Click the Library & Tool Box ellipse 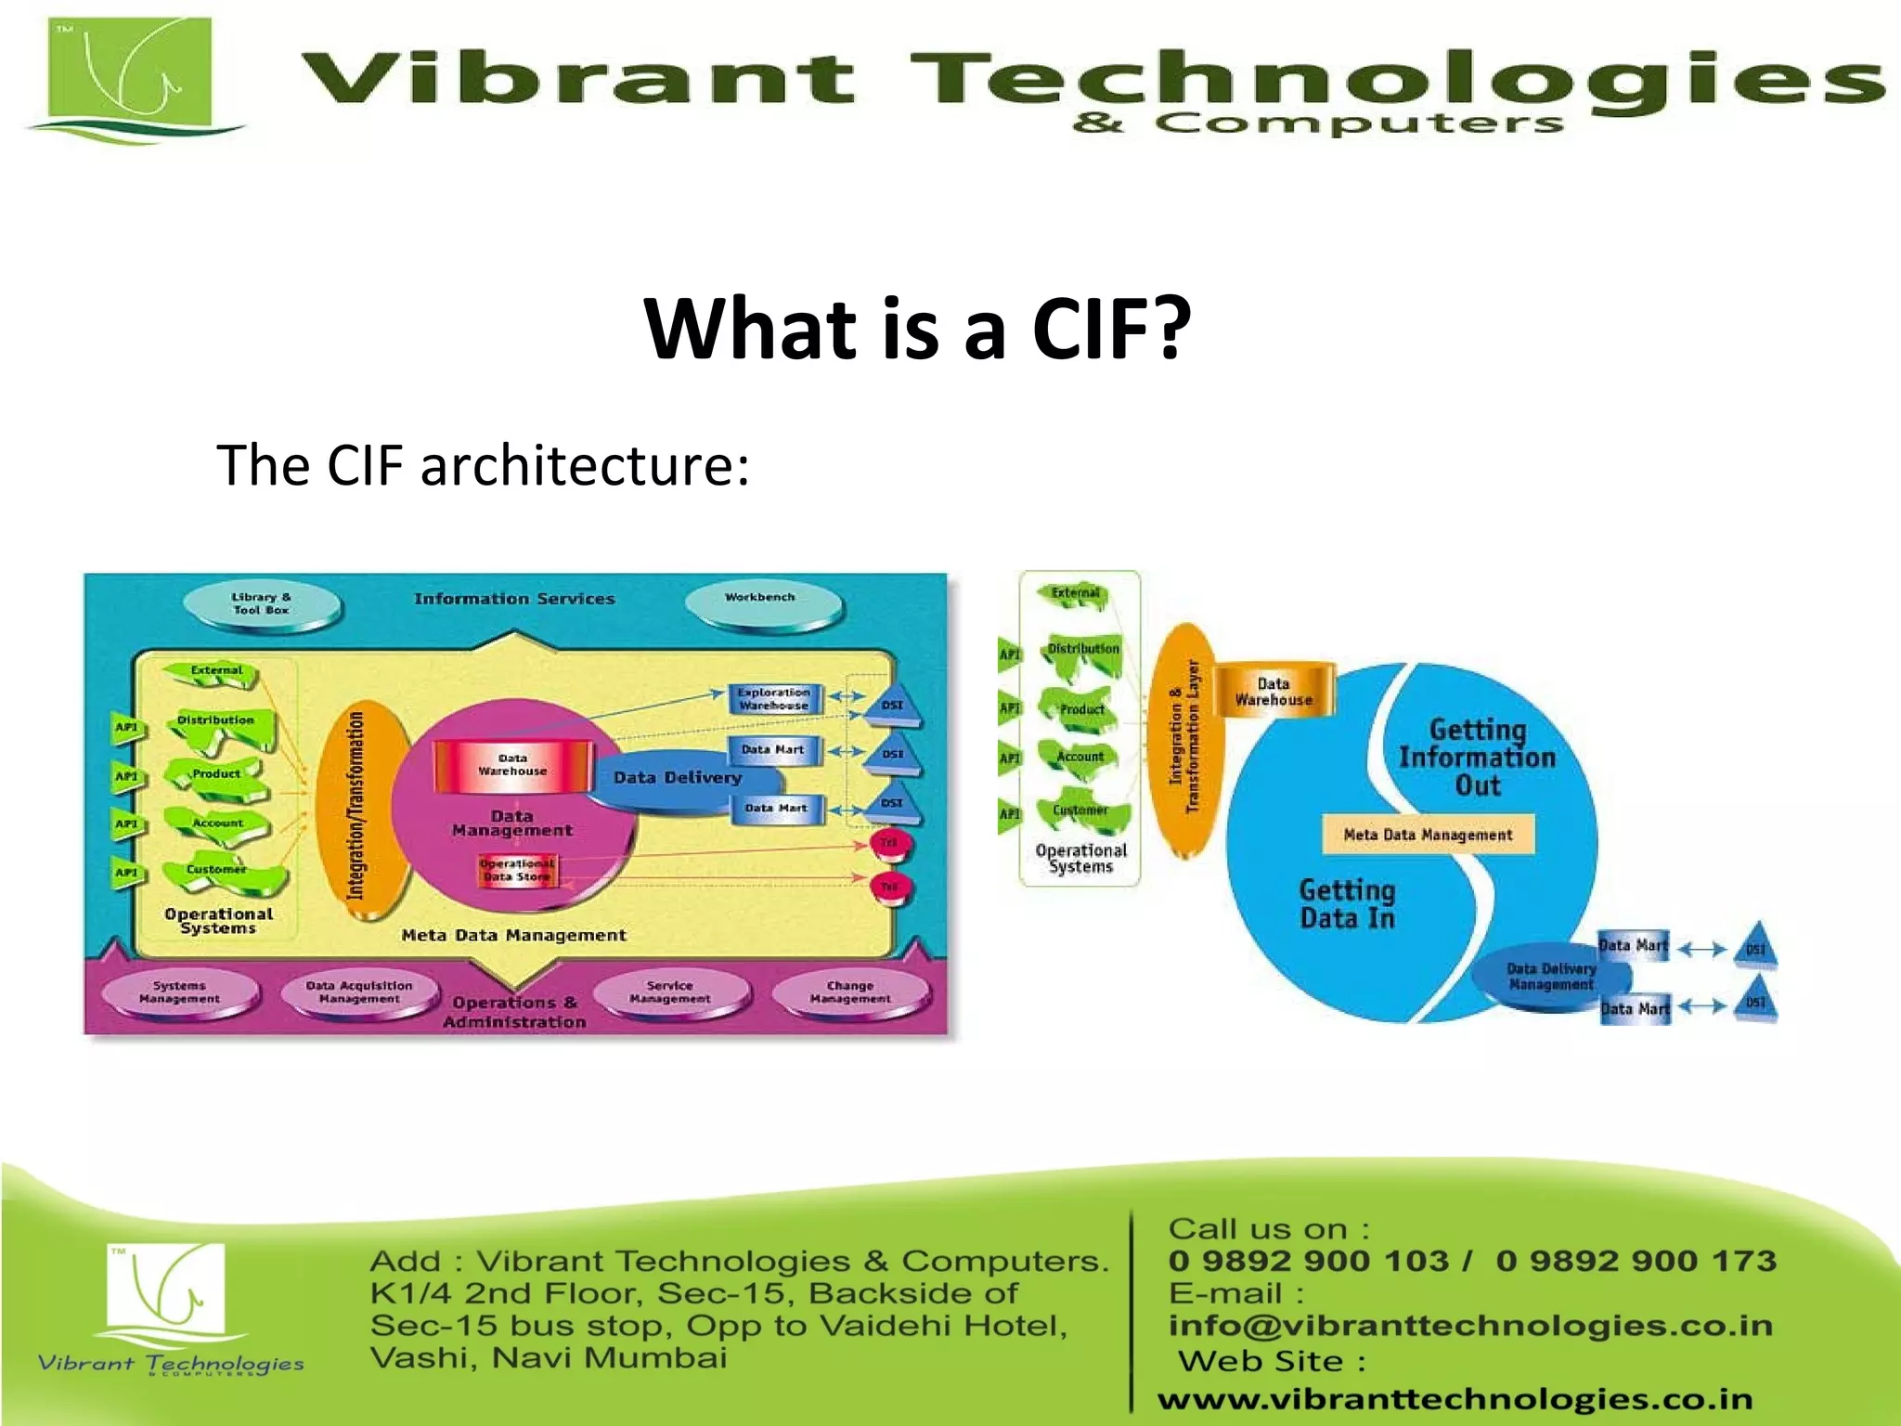coord(262,604)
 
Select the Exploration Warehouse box coord(774,699)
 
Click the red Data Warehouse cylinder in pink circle coord(513,765)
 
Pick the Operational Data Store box coord(518,871)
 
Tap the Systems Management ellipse coord(180,992)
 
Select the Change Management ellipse coord(850,992)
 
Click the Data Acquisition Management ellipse coord(359,992)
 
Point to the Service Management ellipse coord(670,992)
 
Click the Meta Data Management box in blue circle coord(1428,835)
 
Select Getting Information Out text coord(1476,757)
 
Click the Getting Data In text coord(1347,904)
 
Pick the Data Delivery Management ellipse coord(1550,977)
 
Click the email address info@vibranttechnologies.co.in coord(1470,1326)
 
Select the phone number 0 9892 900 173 coord(1636,1261)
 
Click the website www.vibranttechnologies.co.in coord(1455,1399)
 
